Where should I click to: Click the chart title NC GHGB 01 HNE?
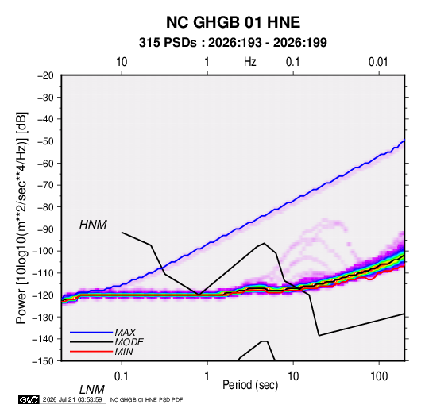coord(233,22)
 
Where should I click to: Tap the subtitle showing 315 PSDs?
coord(233,43)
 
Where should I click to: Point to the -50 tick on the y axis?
coord(45,141)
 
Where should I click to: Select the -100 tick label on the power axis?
coord(43,251)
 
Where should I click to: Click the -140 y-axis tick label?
coord(43,339)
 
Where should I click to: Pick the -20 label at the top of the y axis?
coord(45,75)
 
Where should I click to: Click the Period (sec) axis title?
coord(250,385)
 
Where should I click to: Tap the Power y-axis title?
coord(21,218)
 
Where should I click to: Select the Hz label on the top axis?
coord(250,62)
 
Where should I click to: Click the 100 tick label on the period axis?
coord(379,376)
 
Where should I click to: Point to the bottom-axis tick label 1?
coord(207,376)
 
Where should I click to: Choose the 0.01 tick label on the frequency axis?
coord(378,62)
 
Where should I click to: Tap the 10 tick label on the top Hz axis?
coord(122,62)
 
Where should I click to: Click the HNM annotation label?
coord(93,225)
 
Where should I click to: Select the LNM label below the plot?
coord(91,390)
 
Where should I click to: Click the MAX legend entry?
coord(125,332)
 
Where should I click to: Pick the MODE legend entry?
coord(129,342)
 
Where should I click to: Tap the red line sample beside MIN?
coord(91,352)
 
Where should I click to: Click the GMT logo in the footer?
coord(29,399)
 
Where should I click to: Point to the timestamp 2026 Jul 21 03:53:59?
coord(72,399)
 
